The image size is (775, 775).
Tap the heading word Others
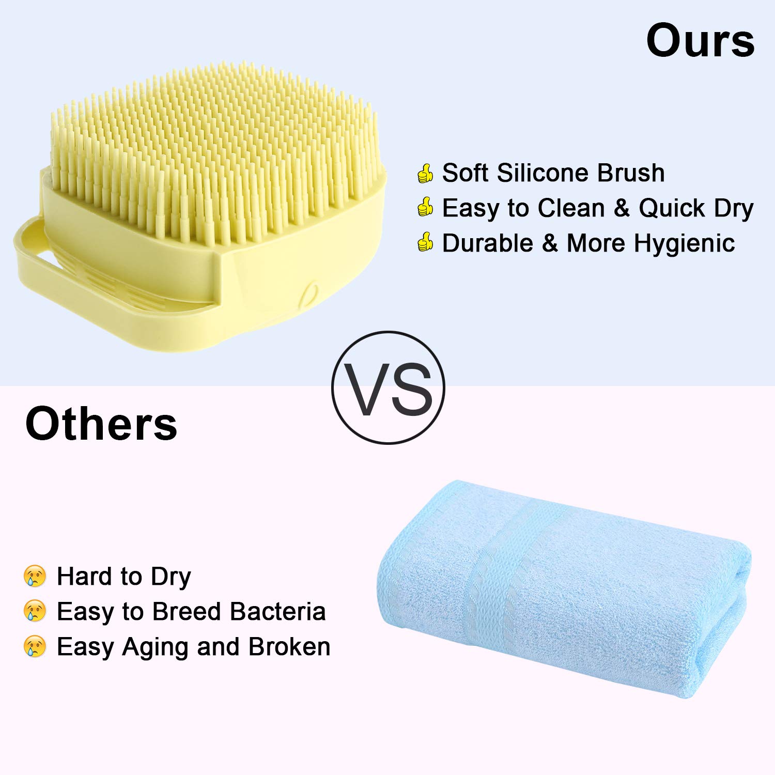101,424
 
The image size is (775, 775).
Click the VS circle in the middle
388,388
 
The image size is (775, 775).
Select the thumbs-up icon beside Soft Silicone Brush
425,173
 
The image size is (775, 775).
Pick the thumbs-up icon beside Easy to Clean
425,208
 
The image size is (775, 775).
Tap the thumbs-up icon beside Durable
425,243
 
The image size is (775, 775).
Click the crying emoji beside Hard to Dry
35,576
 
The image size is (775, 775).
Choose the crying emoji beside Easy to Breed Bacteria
35,611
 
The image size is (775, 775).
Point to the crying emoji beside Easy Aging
35,646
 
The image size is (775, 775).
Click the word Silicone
543,173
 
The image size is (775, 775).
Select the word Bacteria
277,611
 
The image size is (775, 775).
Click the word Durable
487,243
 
